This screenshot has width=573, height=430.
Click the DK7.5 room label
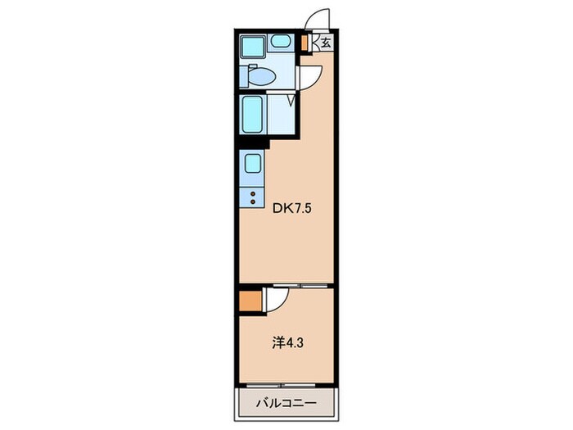292,209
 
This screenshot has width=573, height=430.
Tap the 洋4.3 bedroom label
287,343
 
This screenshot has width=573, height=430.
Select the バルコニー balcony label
286,404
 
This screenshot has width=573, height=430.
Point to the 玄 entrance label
326,43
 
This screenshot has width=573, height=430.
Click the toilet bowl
262,76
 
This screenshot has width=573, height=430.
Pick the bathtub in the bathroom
252,114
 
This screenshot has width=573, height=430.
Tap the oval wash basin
281,41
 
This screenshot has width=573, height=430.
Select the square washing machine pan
252,48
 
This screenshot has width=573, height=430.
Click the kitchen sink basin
252,164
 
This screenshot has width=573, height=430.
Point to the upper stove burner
252,194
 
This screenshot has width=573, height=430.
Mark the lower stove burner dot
252,201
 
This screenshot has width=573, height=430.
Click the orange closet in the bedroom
250,301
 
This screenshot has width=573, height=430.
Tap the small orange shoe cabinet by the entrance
304,43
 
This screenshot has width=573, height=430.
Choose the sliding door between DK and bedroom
300,285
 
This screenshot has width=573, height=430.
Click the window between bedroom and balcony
281,385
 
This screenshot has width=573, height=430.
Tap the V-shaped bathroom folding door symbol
291,100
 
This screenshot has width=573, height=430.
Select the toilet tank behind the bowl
244,76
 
